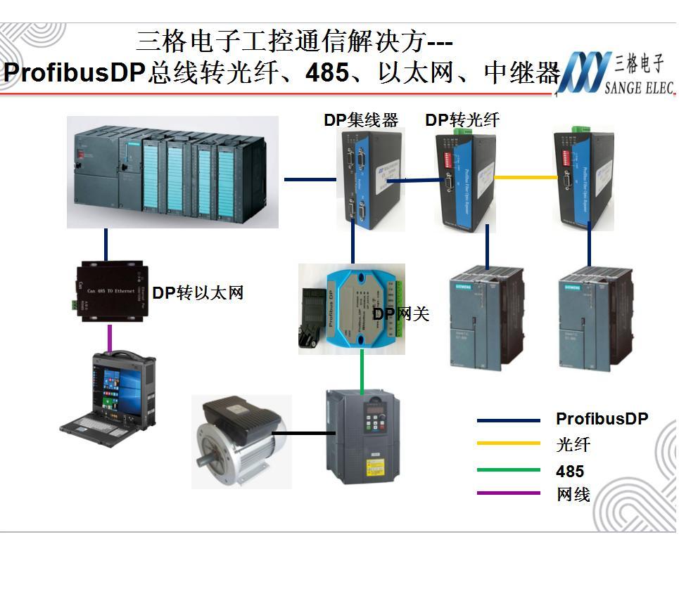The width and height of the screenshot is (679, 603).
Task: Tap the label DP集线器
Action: click(361, 120)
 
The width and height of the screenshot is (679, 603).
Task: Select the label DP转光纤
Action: click(462, 120)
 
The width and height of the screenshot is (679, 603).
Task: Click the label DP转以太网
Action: click(198, 293)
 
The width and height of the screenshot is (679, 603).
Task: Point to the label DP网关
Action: click(400, 314)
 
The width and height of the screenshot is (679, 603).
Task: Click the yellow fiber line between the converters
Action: click(525, 177)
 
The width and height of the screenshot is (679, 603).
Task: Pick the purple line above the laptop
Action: click(109, 337)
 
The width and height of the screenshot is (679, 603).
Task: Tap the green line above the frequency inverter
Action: click(362, 370)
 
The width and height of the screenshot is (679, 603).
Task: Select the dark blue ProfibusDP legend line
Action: click(508, 420)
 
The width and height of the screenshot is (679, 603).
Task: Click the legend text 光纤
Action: click(573, 445)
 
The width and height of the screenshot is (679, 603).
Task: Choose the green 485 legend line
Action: click(508, 470)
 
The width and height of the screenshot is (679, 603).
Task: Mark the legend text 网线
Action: click(573, 494)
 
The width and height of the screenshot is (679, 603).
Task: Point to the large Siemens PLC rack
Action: click(172, 173)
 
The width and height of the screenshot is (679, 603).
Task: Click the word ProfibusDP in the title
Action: click(74, 73)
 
